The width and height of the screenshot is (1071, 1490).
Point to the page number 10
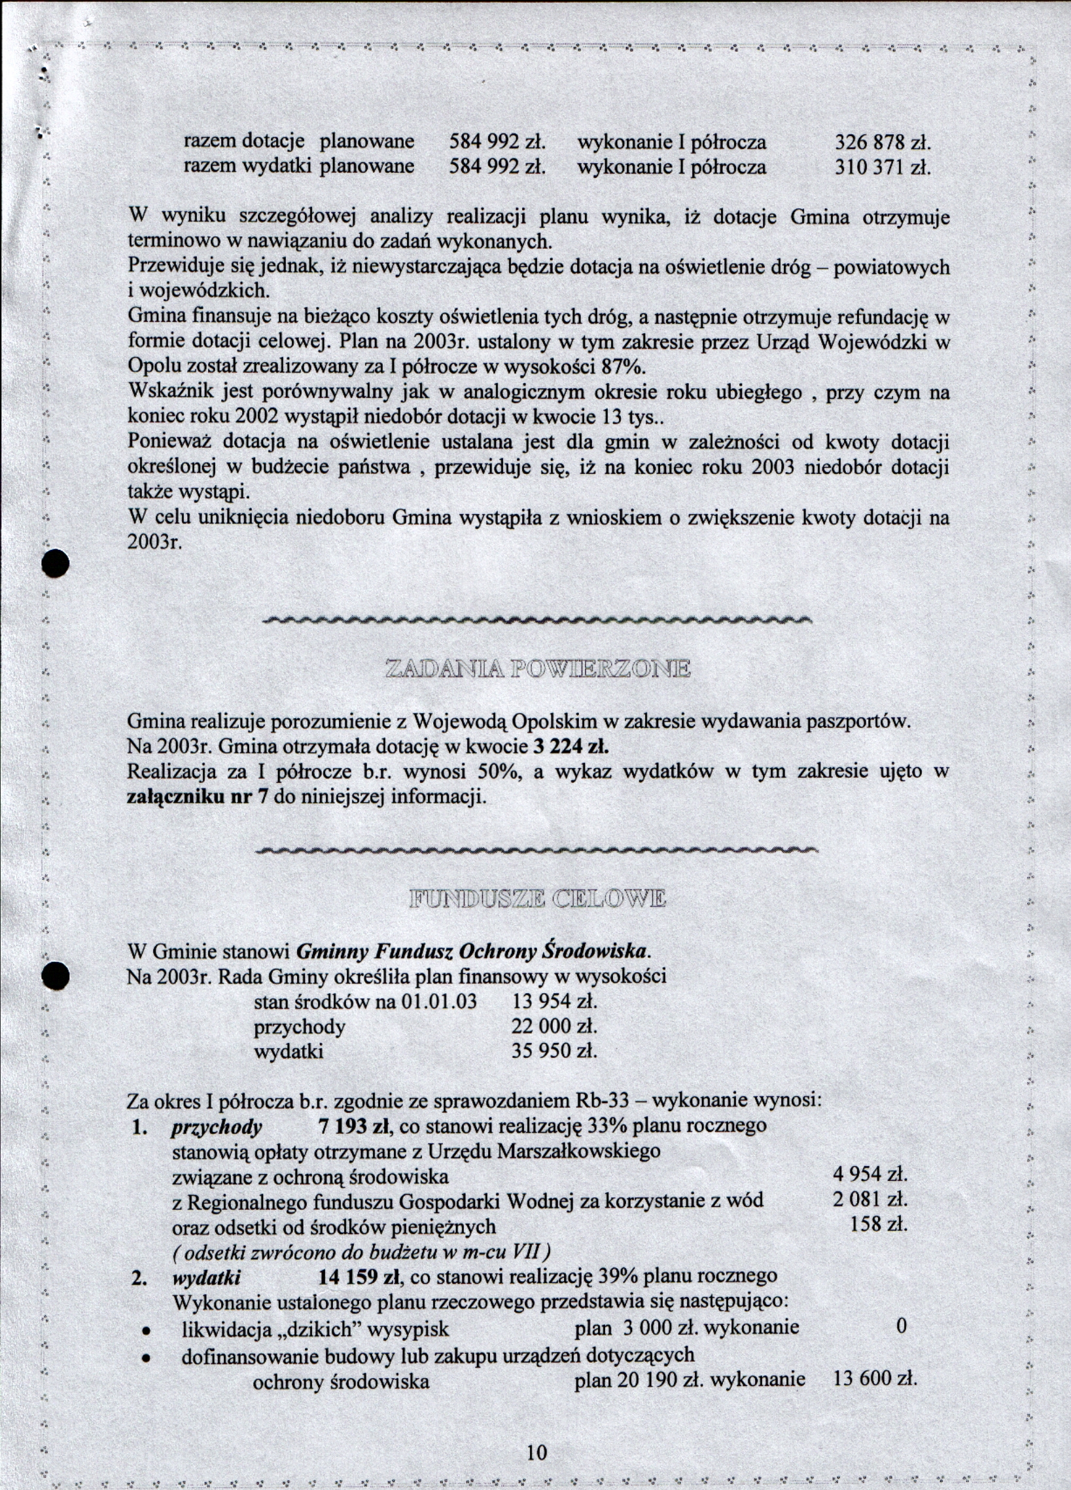pos(536,1452)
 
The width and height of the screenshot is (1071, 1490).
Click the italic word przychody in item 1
pos(217,1127)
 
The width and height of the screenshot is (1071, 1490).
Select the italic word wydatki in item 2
pos(206,1278)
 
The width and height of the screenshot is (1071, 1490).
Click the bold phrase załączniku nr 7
pos(195,797)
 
